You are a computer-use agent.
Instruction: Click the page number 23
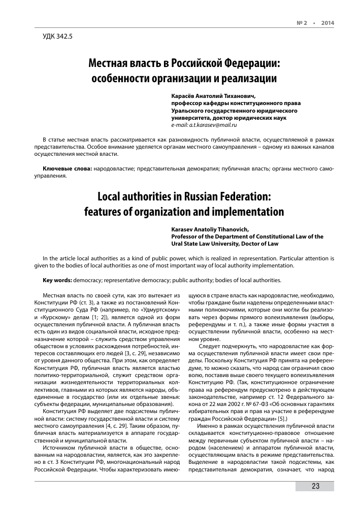coord(315,486)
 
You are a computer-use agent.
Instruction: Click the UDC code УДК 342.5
coord(59,37)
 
